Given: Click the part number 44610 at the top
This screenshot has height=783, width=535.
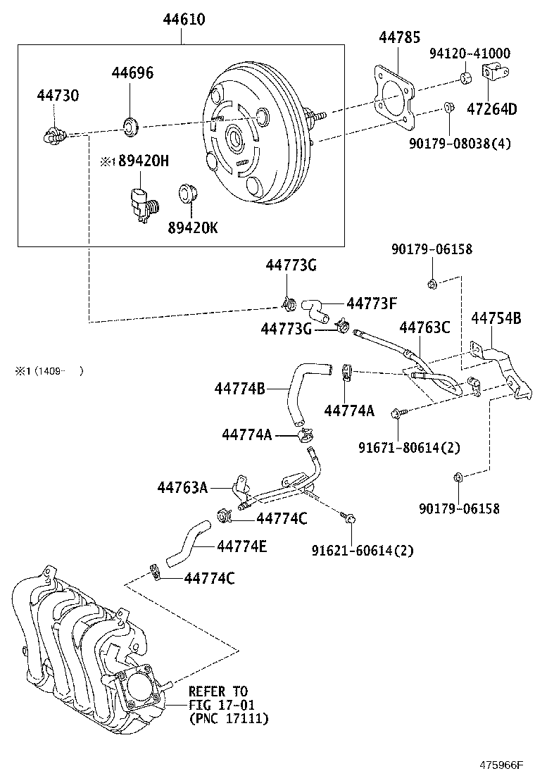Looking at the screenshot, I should (184, 20).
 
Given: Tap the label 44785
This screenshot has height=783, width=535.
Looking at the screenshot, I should (398, 37).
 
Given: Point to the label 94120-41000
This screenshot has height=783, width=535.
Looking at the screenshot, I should (470, 54).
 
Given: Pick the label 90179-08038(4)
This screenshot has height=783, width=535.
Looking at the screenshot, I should (470, 144).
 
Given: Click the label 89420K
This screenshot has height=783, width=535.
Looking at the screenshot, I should (193, 227).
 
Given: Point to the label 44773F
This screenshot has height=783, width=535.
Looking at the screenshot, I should (372, 303).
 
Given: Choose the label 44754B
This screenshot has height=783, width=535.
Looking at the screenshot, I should (496, 318).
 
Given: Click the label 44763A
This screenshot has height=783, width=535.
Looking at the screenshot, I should (182, 487).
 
